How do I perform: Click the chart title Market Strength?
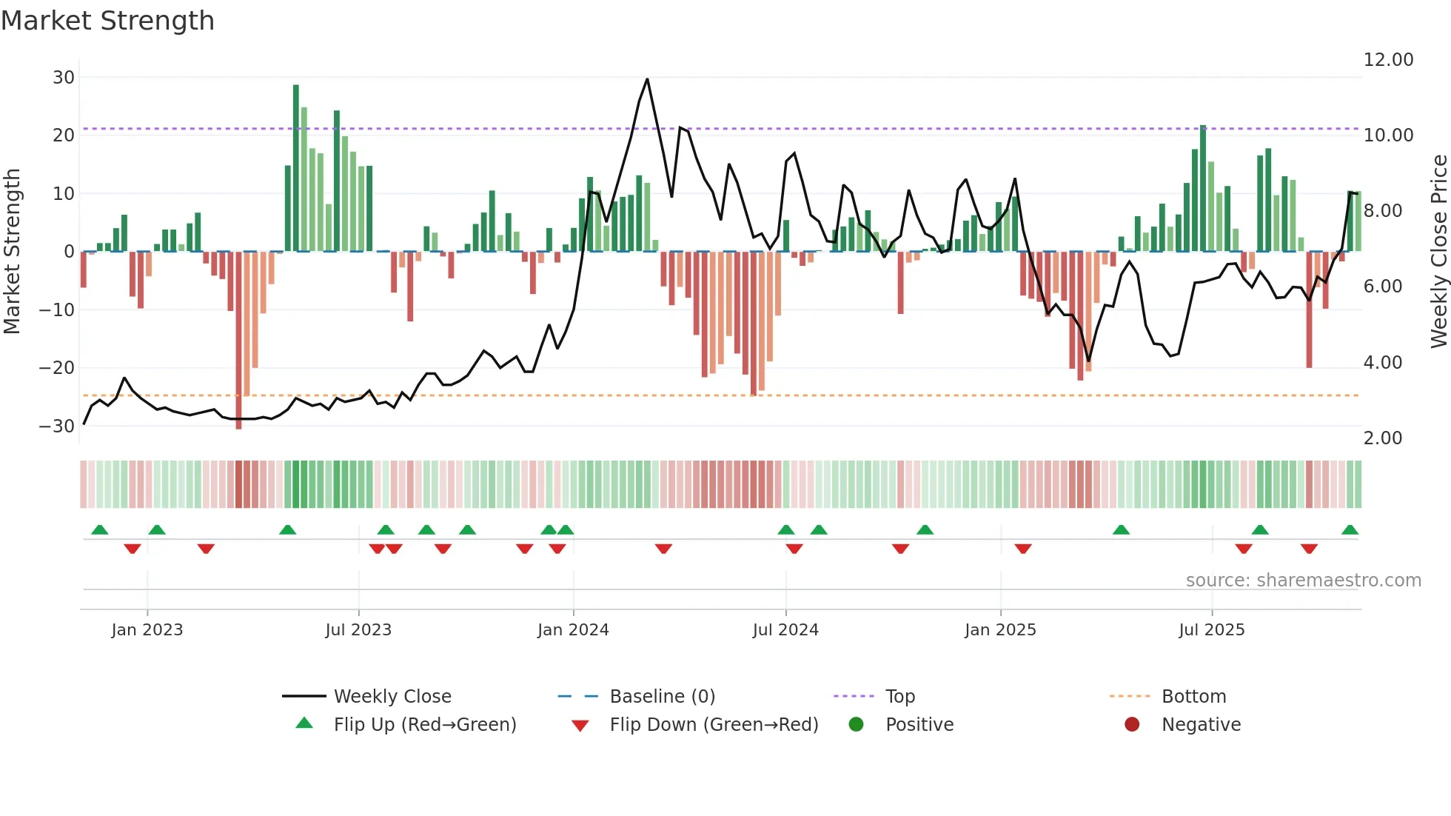107,21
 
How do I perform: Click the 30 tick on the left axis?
64,78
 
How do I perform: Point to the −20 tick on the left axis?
57,368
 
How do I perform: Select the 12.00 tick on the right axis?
1388,60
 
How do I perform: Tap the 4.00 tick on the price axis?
1382,363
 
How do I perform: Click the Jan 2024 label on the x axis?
573,630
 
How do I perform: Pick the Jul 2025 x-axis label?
1211,630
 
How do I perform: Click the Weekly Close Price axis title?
1438,252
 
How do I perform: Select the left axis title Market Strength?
12,252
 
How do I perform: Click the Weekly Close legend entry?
392,697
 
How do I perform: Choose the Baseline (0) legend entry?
662,697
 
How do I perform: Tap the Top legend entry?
899,697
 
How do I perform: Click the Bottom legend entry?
1193,697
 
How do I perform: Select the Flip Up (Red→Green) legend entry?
424,725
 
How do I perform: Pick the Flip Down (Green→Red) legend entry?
714,725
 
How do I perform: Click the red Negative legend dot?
1132,725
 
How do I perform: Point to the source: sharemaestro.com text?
1303,581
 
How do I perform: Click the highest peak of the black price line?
647,79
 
